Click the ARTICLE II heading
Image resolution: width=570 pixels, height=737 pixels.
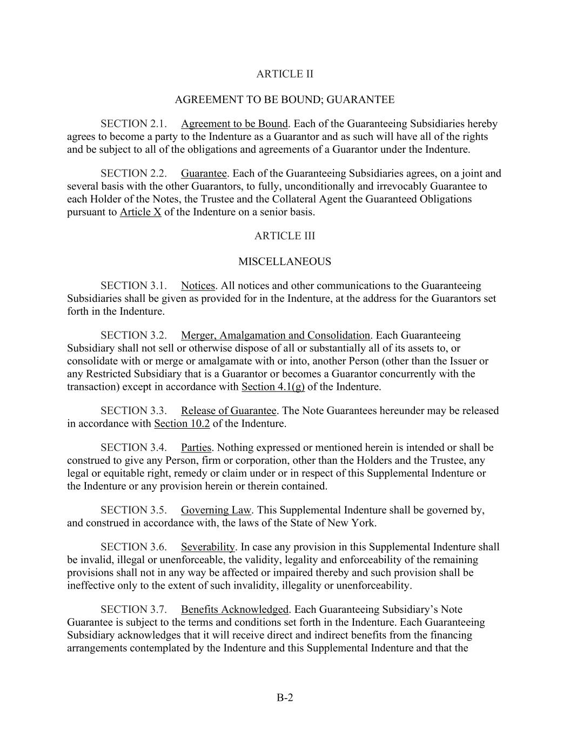pos(284,74)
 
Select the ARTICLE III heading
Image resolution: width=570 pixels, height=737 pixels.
pos(284,236)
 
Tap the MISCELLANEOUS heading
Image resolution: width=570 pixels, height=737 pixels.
pos(284,262)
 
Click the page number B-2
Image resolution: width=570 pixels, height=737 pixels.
pos(285,698)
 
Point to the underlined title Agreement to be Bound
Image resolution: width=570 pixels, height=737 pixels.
pos(234,124)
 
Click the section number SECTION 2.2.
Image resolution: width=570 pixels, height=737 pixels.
pos(133,174)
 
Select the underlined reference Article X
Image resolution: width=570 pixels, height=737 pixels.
pos(140,212)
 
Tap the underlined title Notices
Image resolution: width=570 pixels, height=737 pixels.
pos(198,286)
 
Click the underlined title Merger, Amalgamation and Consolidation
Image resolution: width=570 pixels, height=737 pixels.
pos(276,336)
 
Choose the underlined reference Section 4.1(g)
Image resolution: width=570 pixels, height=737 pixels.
pos(273,387)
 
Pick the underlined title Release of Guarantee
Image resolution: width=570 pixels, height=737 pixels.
pos(229,411)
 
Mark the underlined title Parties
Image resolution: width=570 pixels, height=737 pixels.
pos(196,448)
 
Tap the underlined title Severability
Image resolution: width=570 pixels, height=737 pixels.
pos(208,547)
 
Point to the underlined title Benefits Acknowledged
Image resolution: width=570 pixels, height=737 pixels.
pos(234,610)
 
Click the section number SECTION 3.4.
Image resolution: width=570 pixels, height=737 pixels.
pos(133,448)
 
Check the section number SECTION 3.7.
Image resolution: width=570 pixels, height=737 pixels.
pos(133,610)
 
